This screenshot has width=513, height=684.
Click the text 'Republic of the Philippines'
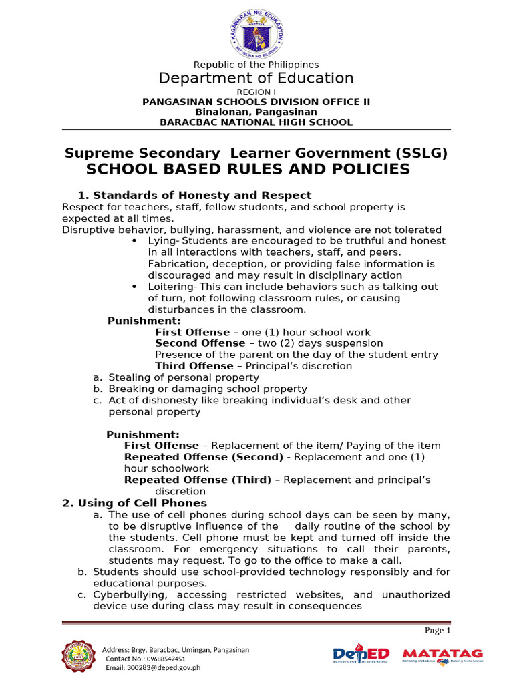(256, 65)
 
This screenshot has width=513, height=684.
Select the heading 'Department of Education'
(256, 79)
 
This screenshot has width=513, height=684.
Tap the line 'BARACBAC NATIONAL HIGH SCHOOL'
(256, 122)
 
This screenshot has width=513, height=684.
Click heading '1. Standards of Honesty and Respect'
(194, 195)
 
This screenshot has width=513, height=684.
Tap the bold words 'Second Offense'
(192, 343)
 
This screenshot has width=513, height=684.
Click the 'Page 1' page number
(438, 630)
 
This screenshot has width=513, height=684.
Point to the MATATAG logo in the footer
(442, 655)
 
